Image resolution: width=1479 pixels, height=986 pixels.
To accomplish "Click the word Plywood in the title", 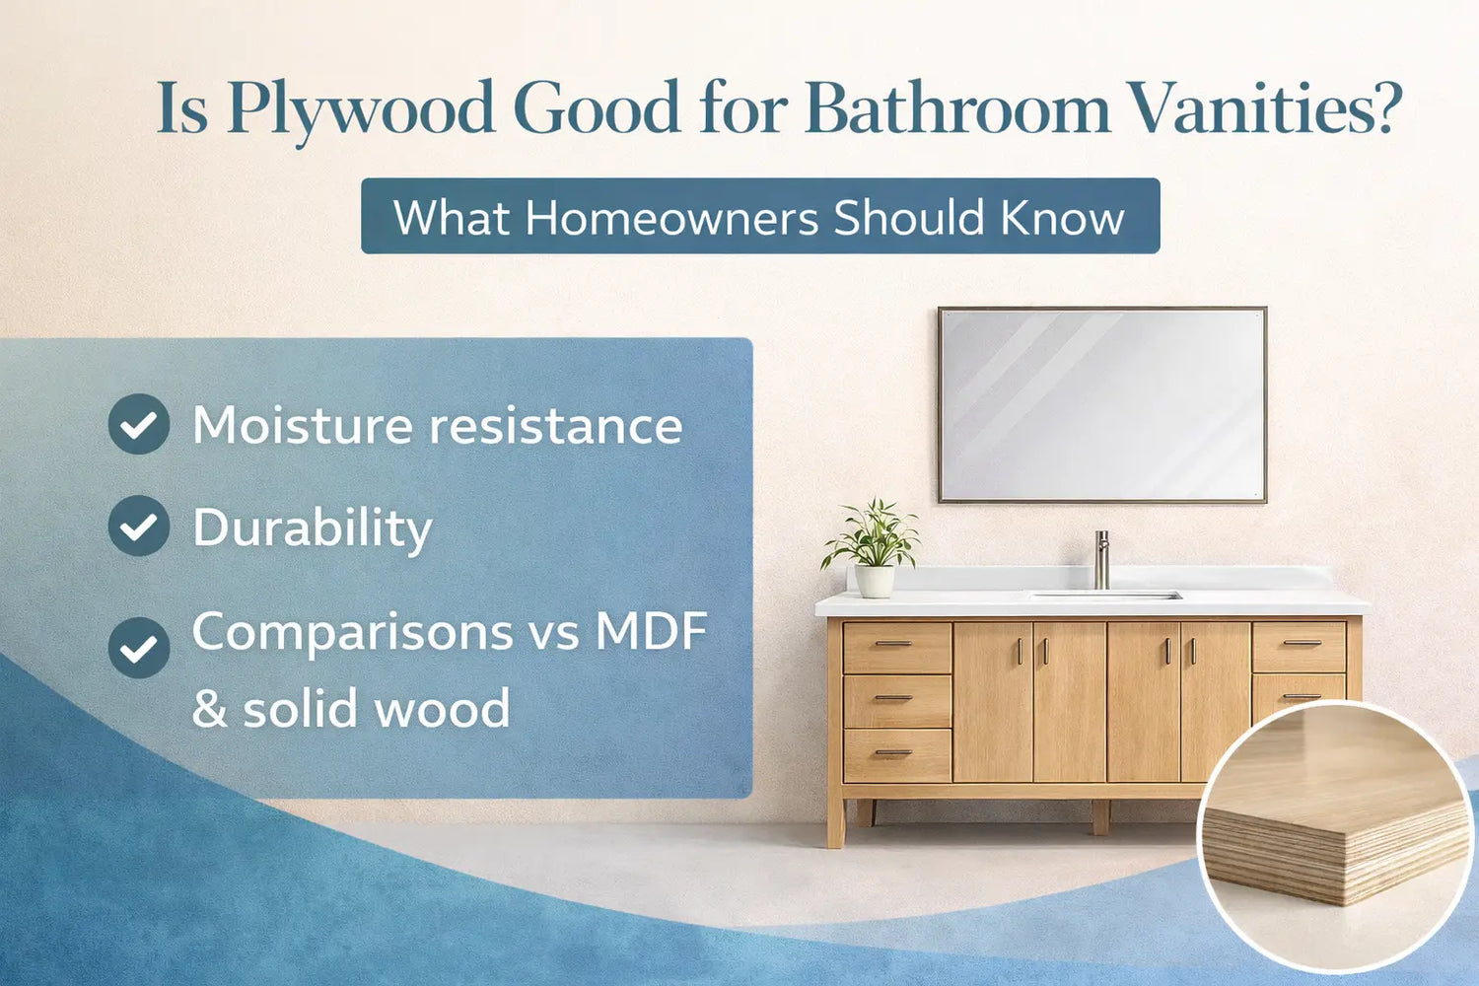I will (360, 108).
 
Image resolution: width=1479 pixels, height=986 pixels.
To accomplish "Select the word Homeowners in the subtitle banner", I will (671, 217).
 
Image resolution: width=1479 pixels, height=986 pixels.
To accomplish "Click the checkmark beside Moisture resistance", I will (139, 424).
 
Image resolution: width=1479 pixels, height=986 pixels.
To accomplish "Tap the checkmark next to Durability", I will (139, 526).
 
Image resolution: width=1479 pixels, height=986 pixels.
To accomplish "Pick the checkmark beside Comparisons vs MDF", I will (139, 648).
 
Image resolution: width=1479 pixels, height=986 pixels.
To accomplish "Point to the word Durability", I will (312, 528).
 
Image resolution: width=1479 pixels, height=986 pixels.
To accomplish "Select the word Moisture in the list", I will (303, 426).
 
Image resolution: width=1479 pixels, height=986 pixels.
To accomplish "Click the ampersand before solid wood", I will (209, 709).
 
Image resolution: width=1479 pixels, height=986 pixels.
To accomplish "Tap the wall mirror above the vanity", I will (1101, 404).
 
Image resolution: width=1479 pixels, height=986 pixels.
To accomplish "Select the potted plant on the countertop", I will (873, 547).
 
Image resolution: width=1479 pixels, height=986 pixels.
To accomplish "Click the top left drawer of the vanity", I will (896, 647).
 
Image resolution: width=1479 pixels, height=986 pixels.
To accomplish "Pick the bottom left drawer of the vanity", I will (896, 755).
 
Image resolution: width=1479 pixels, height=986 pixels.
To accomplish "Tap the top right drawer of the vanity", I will (1300, 646).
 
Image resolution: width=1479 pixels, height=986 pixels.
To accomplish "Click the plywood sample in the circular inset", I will (1336, 828).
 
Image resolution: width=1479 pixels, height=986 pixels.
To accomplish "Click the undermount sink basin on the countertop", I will (1104, 596).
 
